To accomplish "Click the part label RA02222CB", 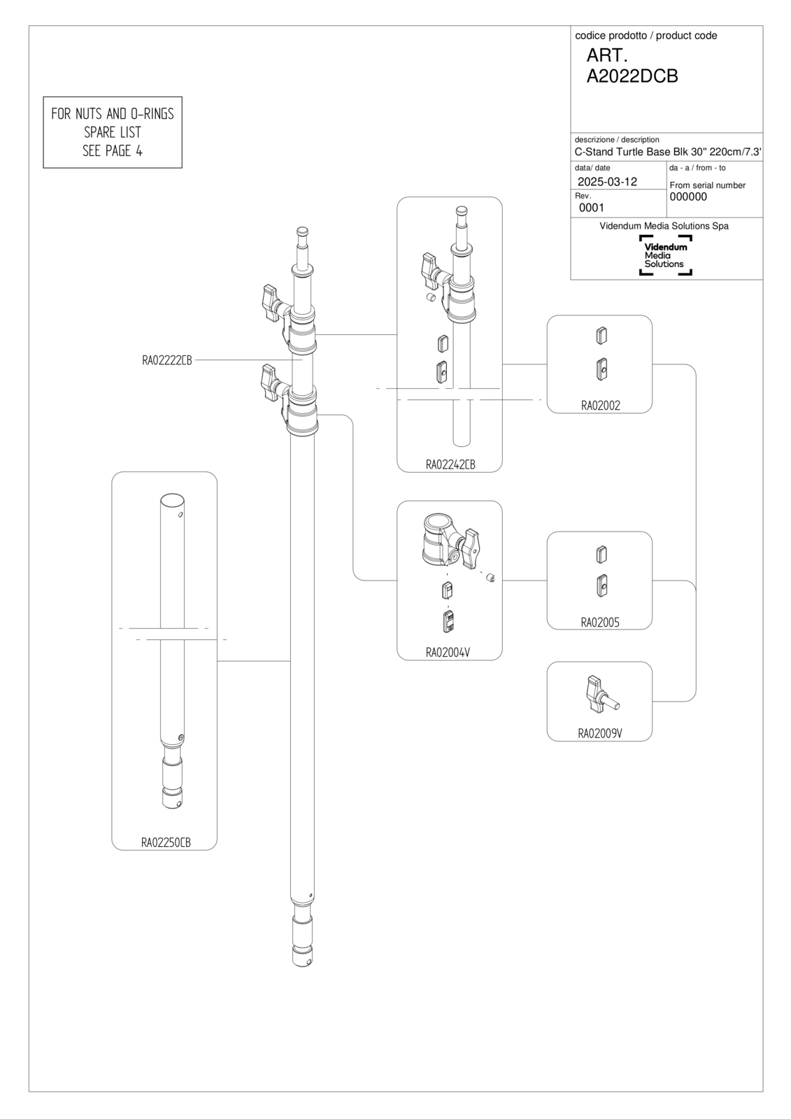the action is click(167, 360).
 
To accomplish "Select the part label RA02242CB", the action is click(450, 464).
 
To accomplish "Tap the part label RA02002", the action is click(600, 406).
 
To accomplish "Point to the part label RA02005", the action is click(599, 622).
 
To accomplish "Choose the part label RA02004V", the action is click(448, 653).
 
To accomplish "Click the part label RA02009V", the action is click(599, 734).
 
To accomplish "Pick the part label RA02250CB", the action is click(166, 843).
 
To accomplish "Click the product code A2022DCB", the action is click(632, 76).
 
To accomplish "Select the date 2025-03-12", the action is click(607, 182).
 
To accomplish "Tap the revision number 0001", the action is click(592, 208).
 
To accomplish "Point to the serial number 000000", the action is click(688, 197).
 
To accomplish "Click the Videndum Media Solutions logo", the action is click(666, 255).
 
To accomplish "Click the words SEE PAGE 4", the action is click(113, 151).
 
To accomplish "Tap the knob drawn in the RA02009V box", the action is click(603, 694).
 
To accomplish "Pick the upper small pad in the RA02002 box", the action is click(601, 336).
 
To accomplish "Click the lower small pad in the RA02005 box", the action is click(601, 586).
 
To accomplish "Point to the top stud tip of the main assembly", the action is click(302, 231).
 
